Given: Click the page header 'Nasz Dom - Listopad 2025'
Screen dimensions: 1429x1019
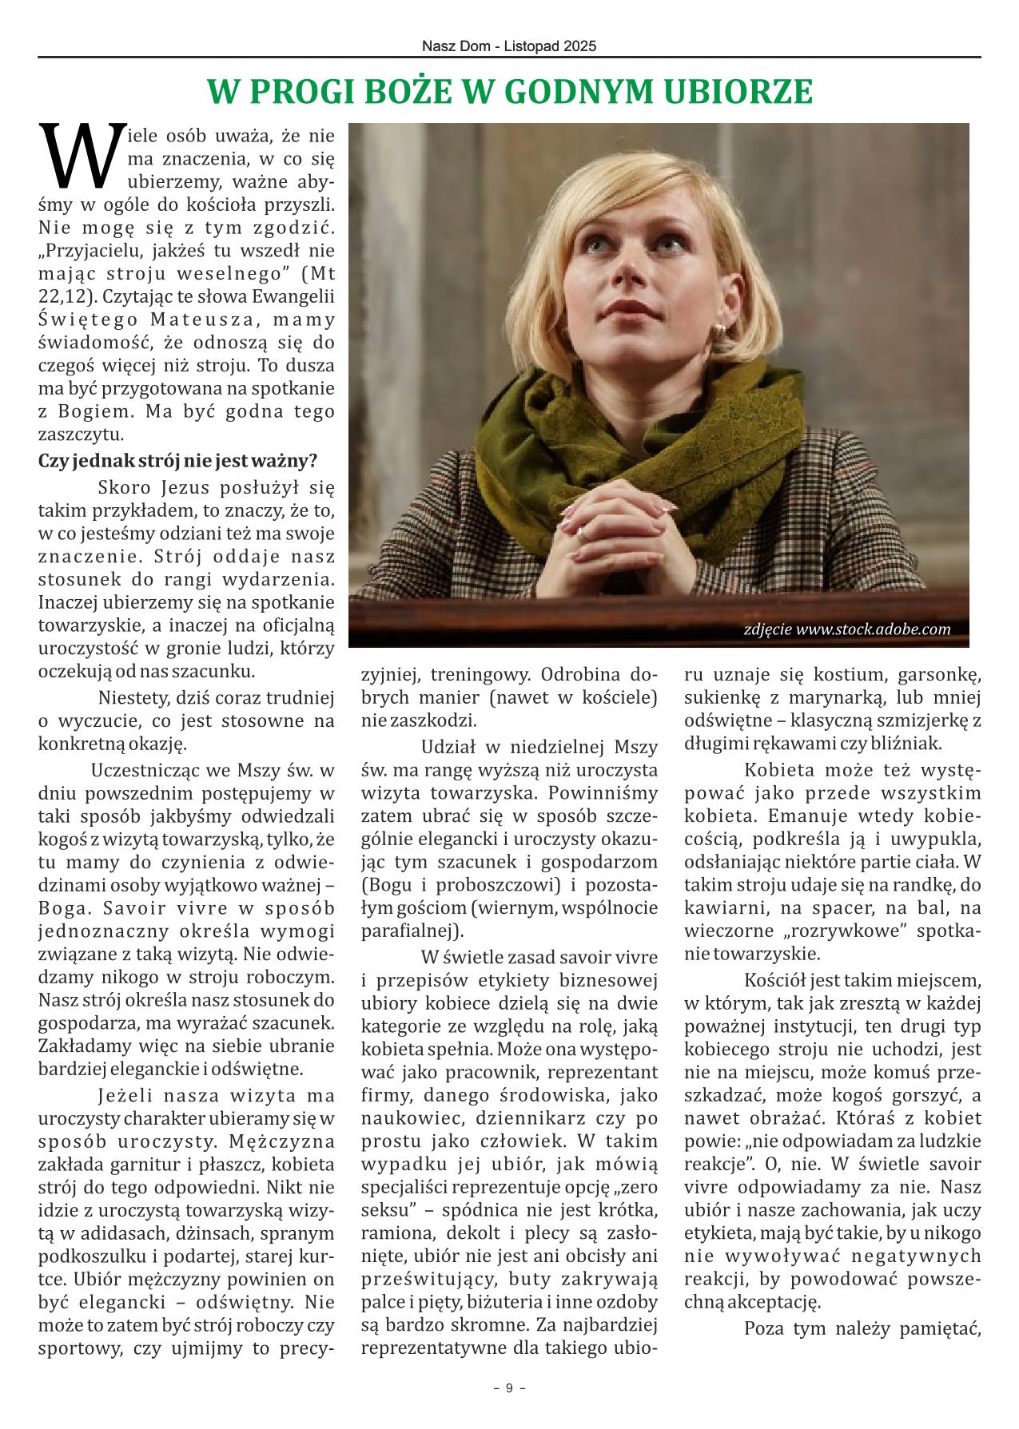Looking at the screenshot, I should (x=509, y=47).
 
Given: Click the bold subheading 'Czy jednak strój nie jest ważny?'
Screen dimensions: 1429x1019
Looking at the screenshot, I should (x=178, y=461).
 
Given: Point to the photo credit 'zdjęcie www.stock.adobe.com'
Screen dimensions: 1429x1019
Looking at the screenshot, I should (x=846, y=629).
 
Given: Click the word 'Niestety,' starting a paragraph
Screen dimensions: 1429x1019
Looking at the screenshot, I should (x=131, y=699).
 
